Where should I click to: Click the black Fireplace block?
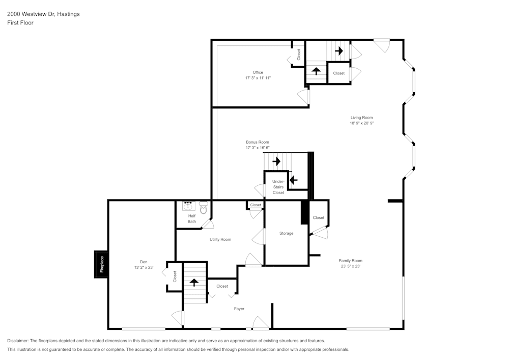coord(101,264)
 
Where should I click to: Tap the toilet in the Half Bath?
coord(204,208)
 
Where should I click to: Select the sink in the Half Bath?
coord(188,206)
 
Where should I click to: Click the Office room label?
coord(258,72)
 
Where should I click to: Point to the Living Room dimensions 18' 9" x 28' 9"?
coord(361,123)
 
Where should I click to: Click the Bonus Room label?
coord(258,142)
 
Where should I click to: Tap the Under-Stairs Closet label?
coord(278,187)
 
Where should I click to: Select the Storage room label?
coord(286,233)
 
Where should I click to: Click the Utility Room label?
coord(220,239)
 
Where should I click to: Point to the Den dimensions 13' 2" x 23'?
coord(144,267)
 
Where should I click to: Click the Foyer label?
coord(239,309)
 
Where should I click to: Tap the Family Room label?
coord(351,261)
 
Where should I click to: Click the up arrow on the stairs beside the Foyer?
coord(194,282)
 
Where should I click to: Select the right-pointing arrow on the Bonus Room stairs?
coord(276,161)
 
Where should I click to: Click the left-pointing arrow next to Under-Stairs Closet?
coord(293,180)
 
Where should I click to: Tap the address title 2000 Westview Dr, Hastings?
coord(43,14)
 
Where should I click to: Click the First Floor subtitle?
coord(20,23)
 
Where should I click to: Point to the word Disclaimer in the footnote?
coord(18,341)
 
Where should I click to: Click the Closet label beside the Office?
coord(299,54)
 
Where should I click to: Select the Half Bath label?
coord(192,219)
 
